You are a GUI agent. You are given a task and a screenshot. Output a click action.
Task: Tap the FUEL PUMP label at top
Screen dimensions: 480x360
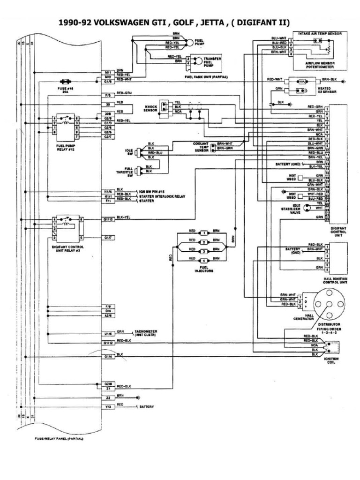coord(200,42)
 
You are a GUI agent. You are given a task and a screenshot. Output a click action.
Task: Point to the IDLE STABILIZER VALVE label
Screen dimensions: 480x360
coord(294,209)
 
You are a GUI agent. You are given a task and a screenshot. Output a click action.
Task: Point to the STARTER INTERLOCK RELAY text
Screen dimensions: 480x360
coord(157,196)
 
